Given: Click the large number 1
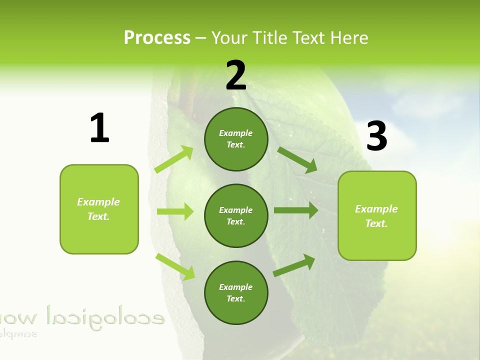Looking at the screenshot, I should pos(99,128).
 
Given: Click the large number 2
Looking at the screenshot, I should pos(236,75).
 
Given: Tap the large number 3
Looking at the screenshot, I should pos(376,136).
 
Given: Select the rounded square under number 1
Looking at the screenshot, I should pos(99,209).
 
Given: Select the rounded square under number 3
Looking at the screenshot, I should pos(377,215).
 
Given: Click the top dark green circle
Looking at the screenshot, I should pos(236,139).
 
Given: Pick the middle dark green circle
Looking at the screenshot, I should pos(236,215).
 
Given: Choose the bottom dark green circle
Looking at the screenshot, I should pos(236,292).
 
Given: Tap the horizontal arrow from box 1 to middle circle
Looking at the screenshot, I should pos(175,211).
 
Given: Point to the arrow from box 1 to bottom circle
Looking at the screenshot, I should pos(175,266).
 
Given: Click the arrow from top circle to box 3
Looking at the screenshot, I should pos(297,159).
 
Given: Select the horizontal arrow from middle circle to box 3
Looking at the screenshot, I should pos(295,210).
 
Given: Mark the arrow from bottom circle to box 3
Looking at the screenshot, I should pos(294,265).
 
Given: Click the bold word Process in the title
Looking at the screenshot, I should pos(157,37).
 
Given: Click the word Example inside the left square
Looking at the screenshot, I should pos(98,201).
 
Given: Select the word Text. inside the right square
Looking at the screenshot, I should pos(376,223).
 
